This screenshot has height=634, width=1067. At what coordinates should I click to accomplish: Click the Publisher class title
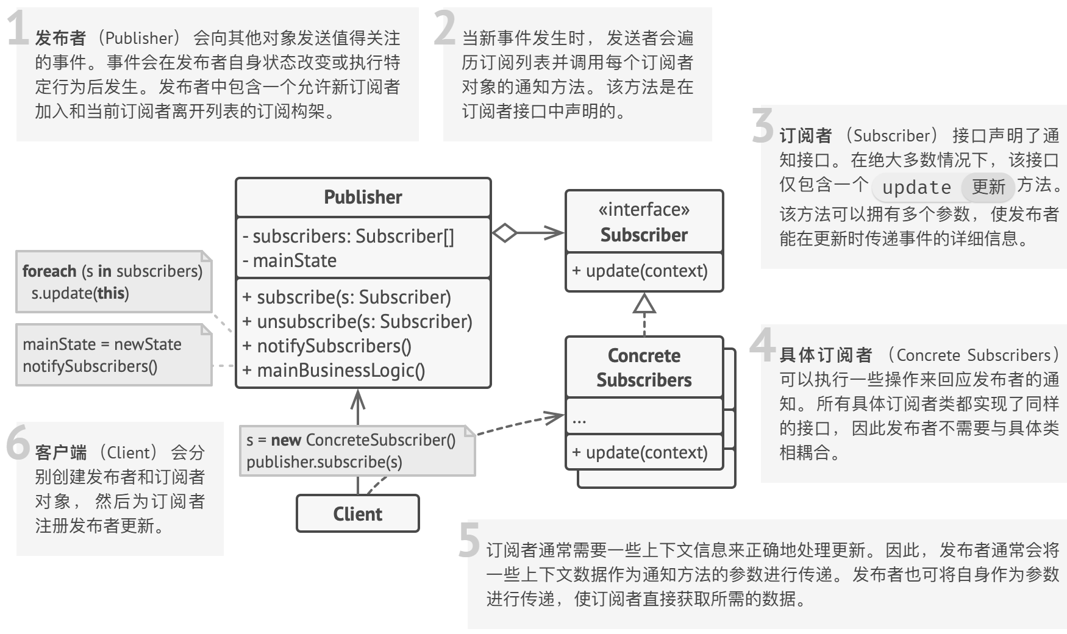tap(363, 198)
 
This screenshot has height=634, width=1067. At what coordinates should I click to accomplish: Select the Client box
tap(358, 514)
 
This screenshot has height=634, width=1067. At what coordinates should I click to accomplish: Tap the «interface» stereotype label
tap(644, 210)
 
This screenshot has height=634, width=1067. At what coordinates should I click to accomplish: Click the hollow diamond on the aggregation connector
tap(504, 232)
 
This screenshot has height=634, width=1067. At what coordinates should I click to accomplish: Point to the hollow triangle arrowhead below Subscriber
tap(644, 304)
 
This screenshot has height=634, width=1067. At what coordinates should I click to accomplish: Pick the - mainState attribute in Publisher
tap(290, 261)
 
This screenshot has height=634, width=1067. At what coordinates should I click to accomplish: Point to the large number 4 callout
tap(762, 345)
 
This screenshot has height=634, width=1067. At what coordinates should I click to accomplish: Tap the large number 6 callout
tap(18, 443)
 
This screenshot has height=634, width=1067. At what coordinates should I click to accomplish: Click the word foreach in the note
tap(49, 271)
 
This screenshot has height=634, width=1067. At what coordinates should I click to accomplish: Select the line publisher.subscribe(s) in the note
tap(324, 462)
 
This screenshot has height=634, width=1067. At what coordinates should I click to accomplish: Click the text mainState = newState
tap(102, 344)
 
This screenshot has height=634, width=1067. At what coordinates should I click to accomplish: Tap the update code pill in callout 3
tap(916, 187)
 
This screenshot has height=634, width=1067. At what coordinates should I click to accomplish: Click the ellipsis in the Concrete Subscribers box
tap(579, 420)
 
